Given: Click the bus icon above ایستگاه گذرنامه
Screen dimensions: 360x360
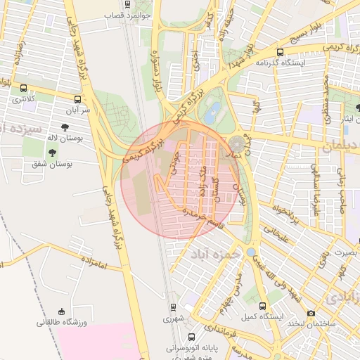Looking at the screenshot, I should (281, 52).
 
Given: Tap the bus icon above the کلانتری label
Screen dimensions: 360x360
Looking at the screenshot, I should (25, 89).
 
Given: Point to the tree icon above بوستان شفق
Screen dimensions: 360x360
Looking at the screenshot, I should (54, 153).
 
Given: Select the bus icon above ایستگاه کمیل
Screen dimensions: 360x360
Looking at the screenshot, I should (263, 307).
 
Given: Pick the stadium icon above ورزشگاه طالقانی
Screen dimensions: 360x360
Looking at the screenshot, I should (62, 311).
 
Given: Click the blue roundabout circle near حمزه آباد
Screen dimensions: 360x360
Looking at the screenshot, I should (251, 252).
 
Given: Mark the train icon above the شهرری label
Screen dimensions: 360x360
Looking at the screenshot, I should (173, 307).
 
